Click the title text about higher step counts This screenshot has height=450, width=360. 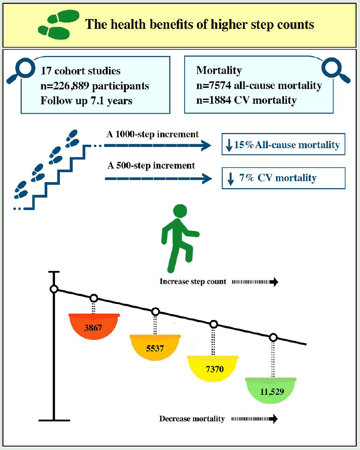click(x=200, y=25)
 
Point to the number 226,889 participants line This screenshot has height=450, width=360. click(x=95, y=86)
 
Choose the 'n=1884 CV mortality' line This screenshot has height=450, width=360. click(x=246, y=100)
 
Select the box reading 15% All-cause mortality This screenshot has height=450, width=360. click(x=283, y=145)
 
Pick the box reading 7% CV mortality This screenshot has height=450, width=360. click(x=283, y=178)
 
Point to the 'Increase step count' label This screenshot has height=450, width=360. click(x=192, y=282)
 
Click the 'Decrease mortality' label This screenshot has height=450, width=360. click(x=192, y=419)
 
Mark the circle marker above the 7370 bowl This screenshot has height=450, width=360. click(x=214, y=324)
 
